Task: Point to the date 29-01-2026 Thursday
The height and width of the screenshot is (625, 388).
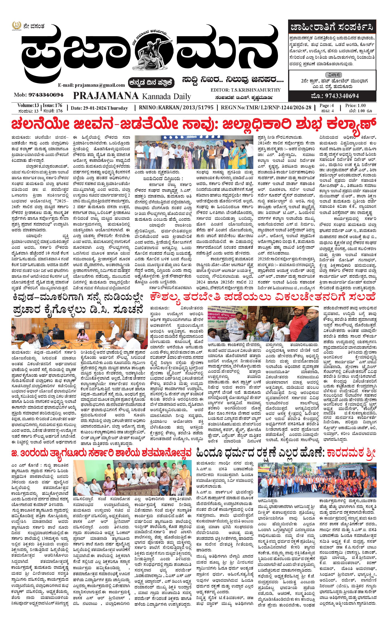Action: (x=99, y=108)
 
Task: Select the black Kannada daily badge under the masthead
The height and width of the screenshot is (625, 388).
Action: (x=151, y=83)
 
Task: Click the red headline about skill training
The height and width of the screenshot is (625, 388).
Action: (x=263, y=297)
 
